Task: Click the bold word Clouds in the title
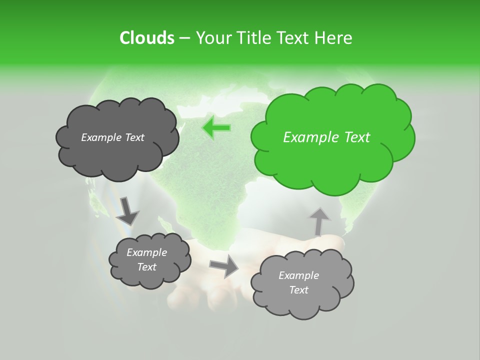click(146, 37)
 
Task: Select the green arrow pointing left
click(216, 128)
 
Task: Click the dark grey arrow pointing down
click(127, 210)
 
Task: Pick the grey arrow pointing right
click(224, 266)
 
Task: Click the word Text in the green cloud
click(357, 137)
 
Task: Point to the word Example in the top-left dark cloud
click(100, 137)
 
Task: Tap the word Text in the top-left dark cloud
click(133, 137)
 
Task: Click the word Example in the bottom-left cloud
click(146, 252)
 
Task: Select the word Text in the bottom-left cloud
click(146, 267)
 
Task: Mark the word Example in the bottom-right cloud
click(298, 275)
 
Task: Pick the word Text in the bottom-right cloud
click(298, 290)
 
